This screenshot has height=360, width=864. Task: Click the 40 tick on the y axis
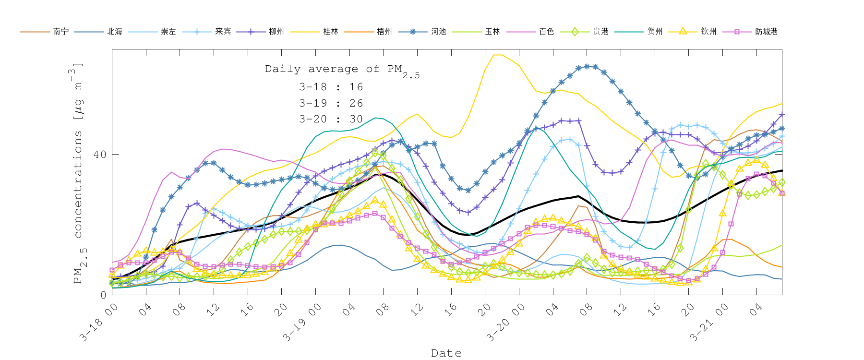(x=99, y=155)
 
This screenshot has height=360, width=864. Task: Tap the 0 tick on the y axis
(x=103, y=295)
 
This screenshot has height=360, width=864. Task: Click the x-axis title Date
(x=446, y=353)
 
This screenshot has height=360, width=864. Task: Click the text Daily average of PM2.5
(x=342, y=70)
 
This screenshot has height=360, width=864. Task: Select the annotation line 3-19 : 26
(x=331, y=103)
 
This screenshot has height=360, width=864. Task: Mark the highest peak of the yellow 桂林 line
(x=498, y=55)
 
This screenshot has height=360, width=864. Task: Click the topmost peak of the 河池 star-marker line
(x=587, y=66)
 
